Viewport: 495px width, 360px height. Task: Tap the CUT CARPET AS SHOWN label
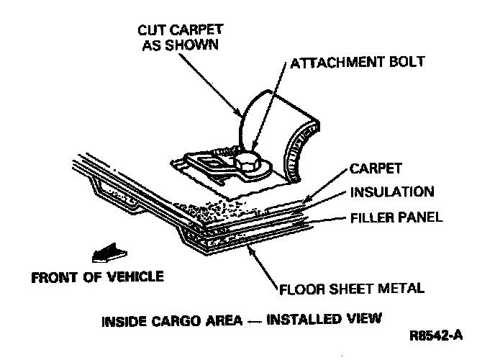(181, 37)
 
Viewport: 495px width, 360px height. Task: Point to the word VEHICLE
(138, 276)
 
